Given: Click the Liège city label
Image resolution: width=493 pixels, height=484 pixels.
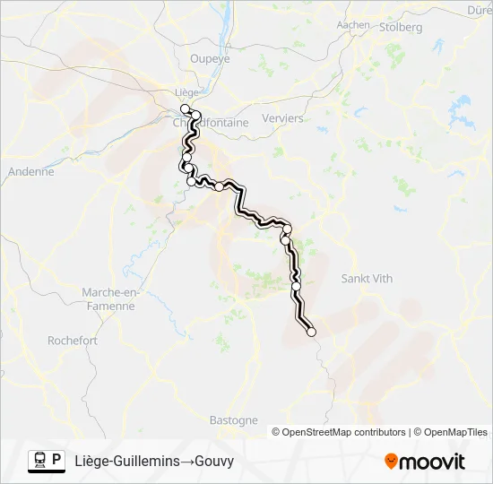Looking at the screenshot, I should (x=186, y=92).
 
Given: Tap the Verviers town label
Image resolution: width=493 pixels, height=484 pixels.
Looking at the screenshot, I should (x=282, y=118).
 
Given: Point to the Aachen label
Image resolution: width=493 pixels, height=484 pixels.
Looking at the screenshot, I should (x=353, y=25).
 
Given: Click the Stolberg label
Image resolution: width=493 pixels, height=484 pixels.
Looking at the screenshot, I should (x=401, y=28).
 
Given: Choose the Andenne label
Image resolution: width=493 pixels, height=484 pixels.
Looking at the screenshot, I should (x=30, y=171).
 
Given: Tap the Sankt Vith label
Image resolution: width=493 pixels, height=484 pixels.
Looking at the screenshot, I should (x=367, y=279).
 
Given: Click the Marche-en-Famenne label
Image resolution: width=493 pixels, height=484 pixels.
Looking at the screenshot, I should (x=108, y=299).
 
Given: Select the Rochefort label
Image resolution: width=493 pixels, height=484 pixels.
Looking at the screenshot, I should (x=73, y=341).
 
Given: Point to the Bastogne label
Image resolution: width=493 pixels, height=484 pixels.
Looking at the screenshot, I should (x=233, y=419).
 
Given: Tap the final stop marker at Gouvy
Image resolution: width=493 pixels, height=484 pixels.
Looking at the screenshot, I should (x=312, y=332).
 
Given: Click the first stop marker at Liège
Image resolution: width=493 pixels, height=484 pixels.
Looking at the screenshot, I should (x=186, y=108).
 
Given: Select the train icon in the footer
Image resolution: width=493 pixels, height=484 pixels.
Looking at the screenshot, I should (x=40, y=461).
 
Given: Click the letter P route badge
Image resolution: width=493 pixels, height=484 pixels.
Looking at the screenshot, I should (x=57, y=461).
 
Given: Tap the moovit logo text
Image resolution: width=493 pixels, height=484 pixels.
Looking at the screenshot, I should (x=433, y=462).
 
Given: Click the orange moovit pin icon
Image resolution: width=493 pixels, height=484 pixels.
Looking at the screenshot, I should (x=391, y=462).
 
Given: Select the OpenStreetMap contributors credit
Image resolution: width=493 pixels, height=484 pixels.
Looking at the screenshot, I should (x=342, y=432).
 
